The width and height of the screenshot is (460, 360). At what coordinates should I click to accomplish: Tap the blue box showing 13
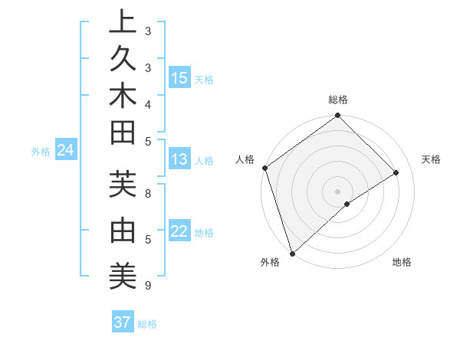(179, 159)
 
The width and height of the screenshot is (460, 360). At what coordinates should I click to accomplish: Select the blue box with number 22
(179, 232)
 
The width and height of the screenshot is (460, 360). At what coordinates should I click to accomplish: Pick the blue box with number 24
(66, 151)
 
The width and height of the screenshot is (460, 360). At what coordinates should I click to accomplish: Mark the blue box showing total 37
(123, 322)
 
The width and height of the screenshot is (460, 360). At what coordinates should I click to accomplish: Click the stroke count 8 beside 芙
(147, 194)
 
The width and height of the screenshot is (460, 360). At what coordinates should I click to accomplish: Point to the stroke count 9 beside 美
(147, 286)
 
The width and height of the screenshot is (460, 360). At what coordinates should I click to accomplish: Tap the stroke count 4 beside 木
(147, 103)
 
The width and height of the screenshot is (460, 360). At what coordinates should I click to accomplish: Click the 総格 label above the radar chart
(338, 100)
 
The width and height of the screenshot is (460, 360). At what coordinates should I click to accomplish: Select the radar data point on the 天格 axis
(396, 173)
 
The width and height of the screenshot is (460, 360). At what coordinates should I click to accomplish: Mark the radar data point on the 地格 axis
(347, 204)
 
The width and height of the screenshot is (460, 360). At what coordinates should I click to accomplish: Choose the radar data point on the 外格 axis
(292, 253)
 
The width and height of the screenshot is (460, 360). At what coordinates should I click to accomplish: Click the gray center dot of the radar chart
(337, 191)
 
